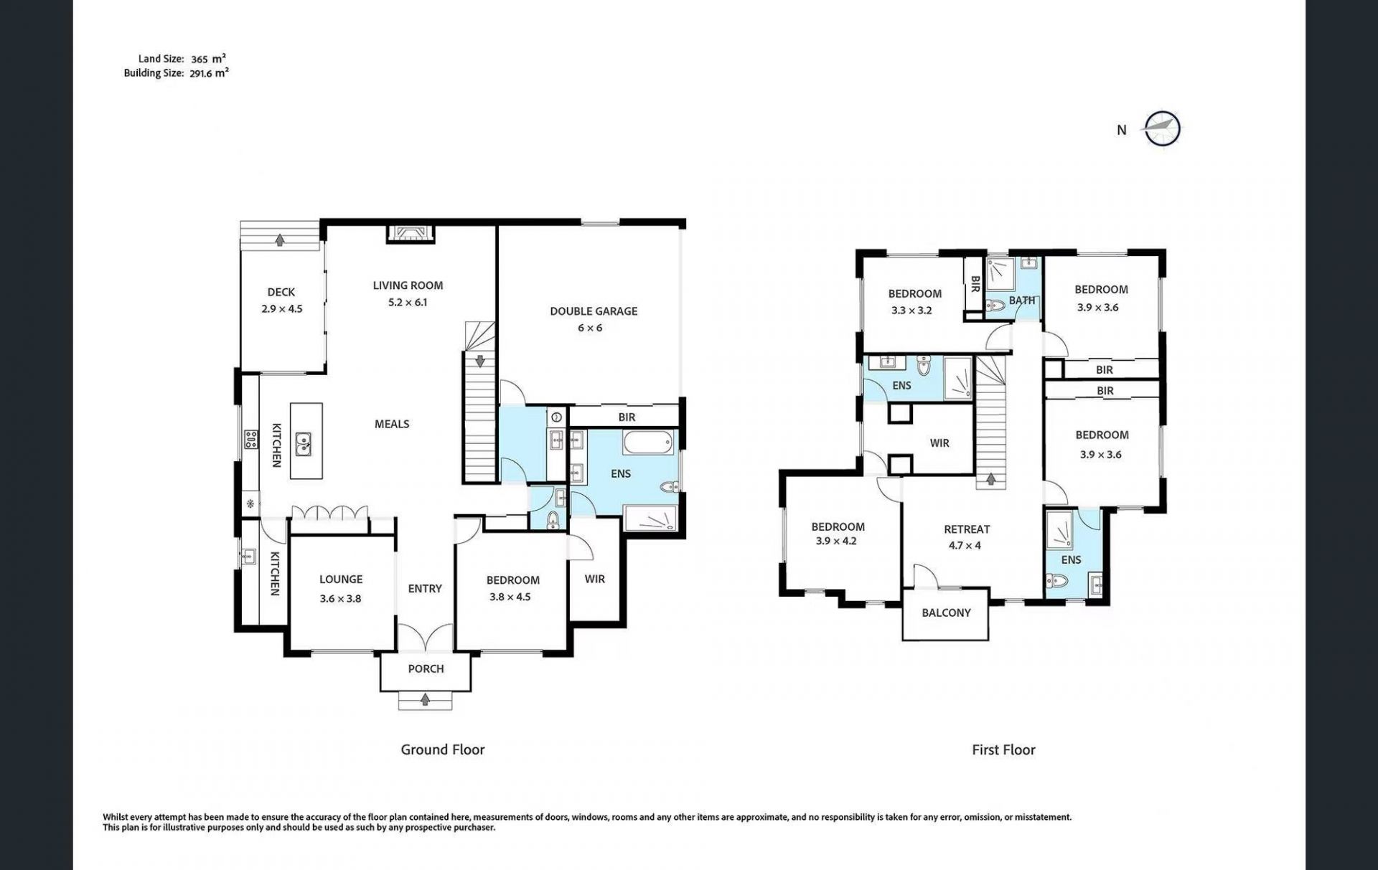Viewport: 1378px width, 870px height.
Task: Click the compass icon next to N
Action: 1162,129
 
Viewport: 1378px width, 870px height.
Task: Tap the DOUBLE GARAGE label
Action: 594,311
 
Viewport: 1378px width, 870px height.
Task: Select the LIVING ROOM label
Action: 408,285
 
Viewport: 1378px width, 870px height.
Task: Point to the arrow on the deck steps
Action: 280,240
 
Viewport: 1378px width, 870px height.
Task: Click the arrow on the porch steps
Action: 426,699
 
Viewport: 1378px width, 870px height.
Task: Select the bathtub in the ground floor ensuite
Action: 649,442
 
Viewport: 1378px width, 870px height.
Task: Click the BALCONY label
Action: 946,613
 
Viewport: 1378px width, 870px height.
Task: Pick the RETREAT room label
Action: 967,529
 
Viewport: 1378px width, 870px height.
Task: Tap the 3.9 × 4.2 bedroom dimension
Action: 836,542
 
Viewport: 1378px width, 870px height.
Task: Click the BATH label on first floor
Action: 1022,301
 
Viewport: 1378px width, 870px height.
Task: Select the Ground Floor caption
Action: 443,750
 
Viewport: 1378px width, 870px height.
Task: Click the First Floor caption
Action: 1003,750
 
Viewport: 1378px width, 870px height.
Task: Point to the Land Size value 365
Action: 200,60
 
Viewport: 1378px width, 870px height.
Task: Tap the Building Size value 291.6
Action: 202,73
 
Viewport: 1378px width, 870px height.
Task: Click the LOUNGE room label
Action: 341,580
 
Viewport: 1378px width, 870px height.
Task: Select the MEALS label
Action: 392,425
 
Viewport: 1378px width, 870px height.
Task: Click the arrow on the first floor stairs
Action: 990,478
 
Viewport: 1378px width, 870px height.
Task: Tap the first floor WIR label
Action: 939,443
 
